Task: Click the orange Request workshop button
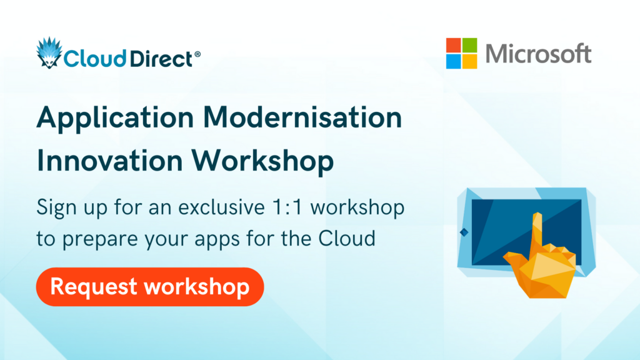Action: tap(150, 287)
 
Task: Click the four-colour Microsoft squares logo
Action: tap(461, 53)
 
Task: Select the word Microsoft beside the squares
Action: tap(538, 53)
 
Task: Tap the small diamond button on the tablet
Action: tap(464, 232)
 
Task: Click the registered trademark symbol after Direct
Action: tap(197, 55)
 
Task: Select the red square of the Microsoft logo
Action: tap(453, 45)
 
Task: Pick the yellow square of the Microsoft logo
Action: tap(469, 61)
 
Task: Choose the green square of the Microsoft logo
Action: tap(469, 45)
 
